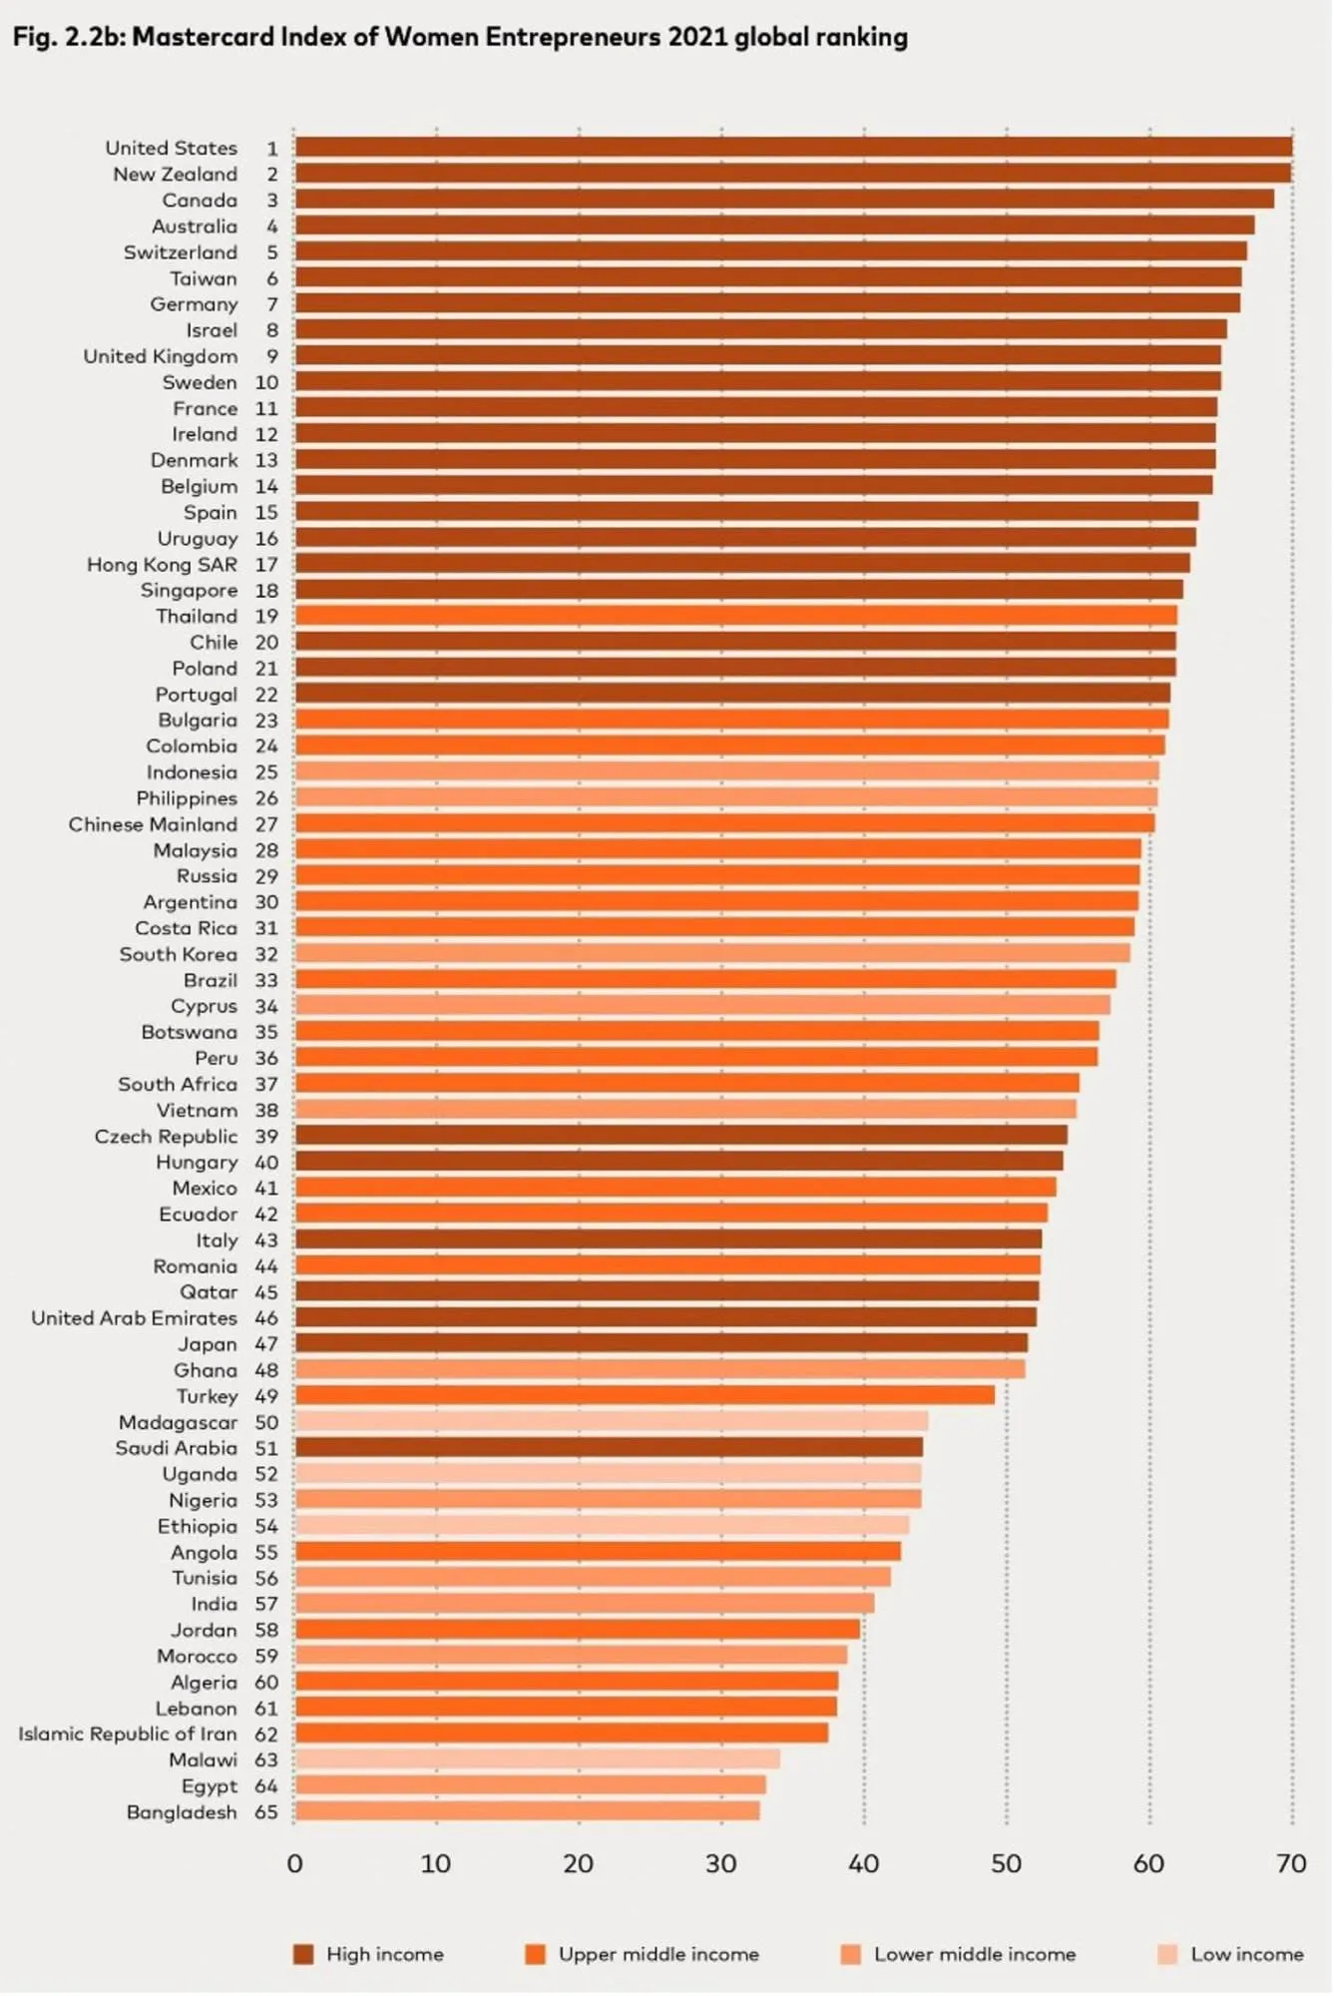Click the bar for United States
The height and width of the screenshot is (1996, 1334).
pyautogui.click(x=793, y=148)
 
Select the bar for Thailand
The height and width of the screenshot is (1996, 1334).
pyautogui.click(x=735, y=616)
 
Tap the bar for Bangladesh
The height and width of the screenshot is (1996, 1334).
pyautogui.click(x=527, y=1811)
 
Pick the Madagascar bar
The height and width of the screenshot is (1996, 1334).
pyautogui.click(x=611, y=1421)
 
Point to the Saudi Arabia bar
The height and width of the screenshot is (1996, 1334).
pyautogui.click(x=609, y=1447)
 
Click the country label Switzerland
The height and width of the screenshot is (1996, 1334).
pyautogui.click(x=181, y=252)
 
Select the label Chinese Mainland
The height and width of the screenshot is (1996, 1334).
pyautogui.click(x=153, y=824)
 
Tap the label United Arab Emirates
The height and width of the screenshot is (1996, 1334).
pyautogui.click(x=134, y=1318)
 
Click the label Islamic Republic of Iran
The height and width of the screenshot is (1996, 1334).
pyautogui.click(x=128, y=1735)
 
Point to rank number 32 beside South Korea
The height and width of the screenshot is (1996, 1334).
pyautogui.click(x=266, y=954)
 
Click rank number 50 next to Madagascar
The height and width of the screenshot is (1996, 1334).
pyautogui.click(x=266, y=1422)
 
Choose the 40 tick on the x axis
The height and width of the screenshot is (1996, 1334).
pyautogui.click(x=863, y=1864)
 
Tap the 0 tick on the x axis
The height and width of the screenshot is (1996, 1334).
pyautogui.click(x=294, y=1864)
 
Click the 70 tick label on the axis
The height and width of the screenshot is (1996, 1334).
pyautogui.click(x=1291, y=1864)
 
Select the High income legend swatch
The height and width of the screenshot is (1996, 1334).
pyautogui.click(x=303, y=1954)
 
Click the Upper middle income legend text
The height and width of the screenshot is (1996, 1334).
pyautogui.click(x=659, y=1954)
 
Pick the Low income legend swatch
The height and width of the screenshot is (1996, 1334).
pyautogui.click(x=1167, y=1954)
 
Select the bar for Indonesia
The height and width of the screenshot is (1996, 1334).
pyautogui.click(x=726, y=771)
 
